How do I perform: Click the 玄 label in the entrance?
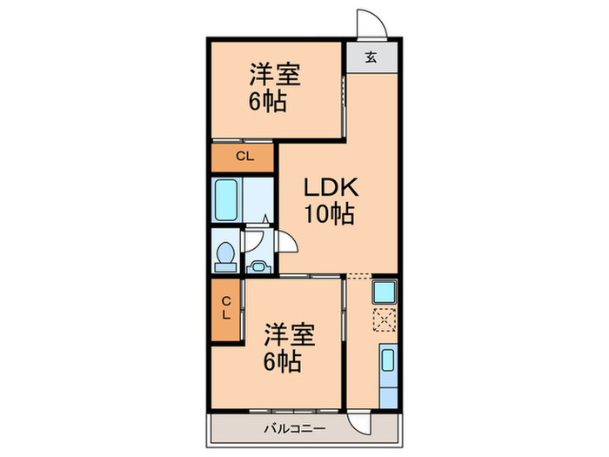(371, 58)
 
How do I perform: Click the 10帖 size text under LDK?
(330, 215)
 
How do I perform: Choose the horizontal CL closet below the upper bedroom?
(244, 157)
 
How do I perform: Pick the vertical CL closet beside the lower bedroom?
(225, 308)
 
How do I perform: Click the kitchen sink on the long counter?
(386, 361)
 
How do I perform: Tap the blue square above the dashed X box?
(384, 291)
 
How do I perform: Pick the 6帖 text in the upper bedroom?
(269, 101)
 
